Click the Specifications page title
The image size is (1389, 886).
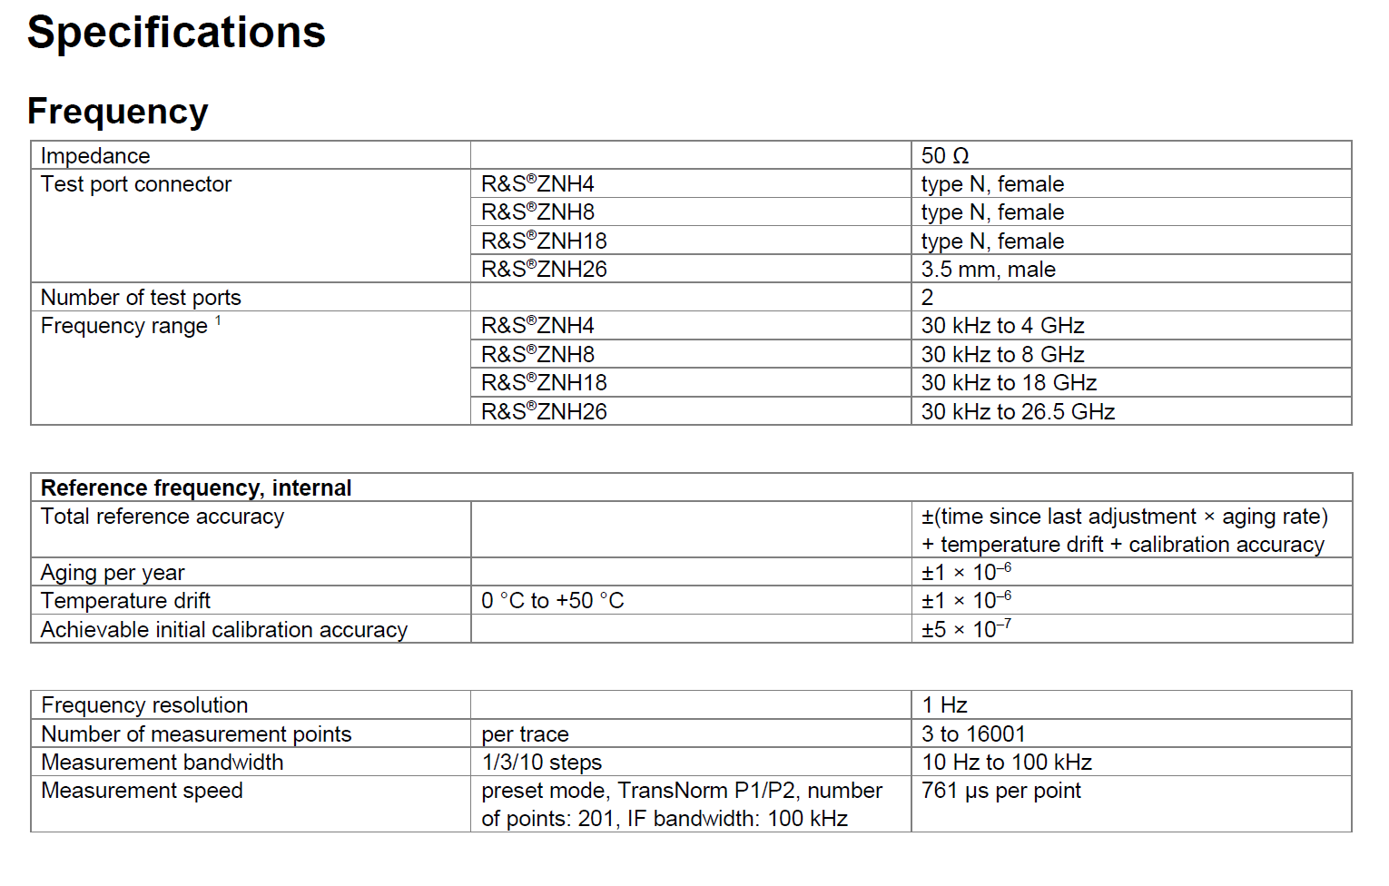tap(176, 33)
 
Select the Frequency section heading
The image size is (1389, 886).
tap(118, 112)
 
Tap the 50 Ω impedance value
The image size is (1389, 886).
tap(945, 156)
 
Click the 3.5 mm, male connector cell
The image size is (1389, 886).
tap(988, 270)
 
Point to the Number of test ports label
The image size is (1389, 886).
tap(141, 298)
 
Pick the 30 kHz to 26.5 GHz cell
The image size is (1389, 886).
tap(1018, 412)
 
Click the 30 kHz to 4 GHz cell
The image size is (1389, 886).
tap(1002, 326)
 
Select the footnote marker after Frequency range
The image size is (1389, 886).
tap(218, 320)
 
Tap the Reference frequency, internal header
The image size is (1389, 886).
tap(196, 488)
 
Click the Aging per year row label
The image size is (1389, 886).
tap(113, 573)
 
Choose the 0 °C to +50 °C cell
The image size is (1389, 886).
tap(552, 601)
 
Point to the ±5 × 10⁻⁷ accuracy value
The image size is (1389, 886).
tap(966, 629)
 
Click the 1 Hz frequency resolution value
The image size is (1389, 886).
tap(944, 705)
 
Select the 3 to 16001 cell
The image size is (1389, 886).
tap(973, 734)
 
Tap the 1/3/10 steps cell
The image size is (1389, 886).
tap(541, 763)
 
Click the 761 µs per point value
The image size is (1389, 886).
tap(1001, 791)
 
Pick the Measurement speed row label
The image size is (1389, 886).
tap(142, 791)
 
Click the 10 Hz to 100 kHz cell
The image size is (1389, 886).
tap(1007, 763)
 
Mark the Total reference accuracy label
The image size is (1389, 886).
tap(163, 517)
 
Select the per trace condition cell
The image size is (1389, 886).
tap(525, 734)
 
